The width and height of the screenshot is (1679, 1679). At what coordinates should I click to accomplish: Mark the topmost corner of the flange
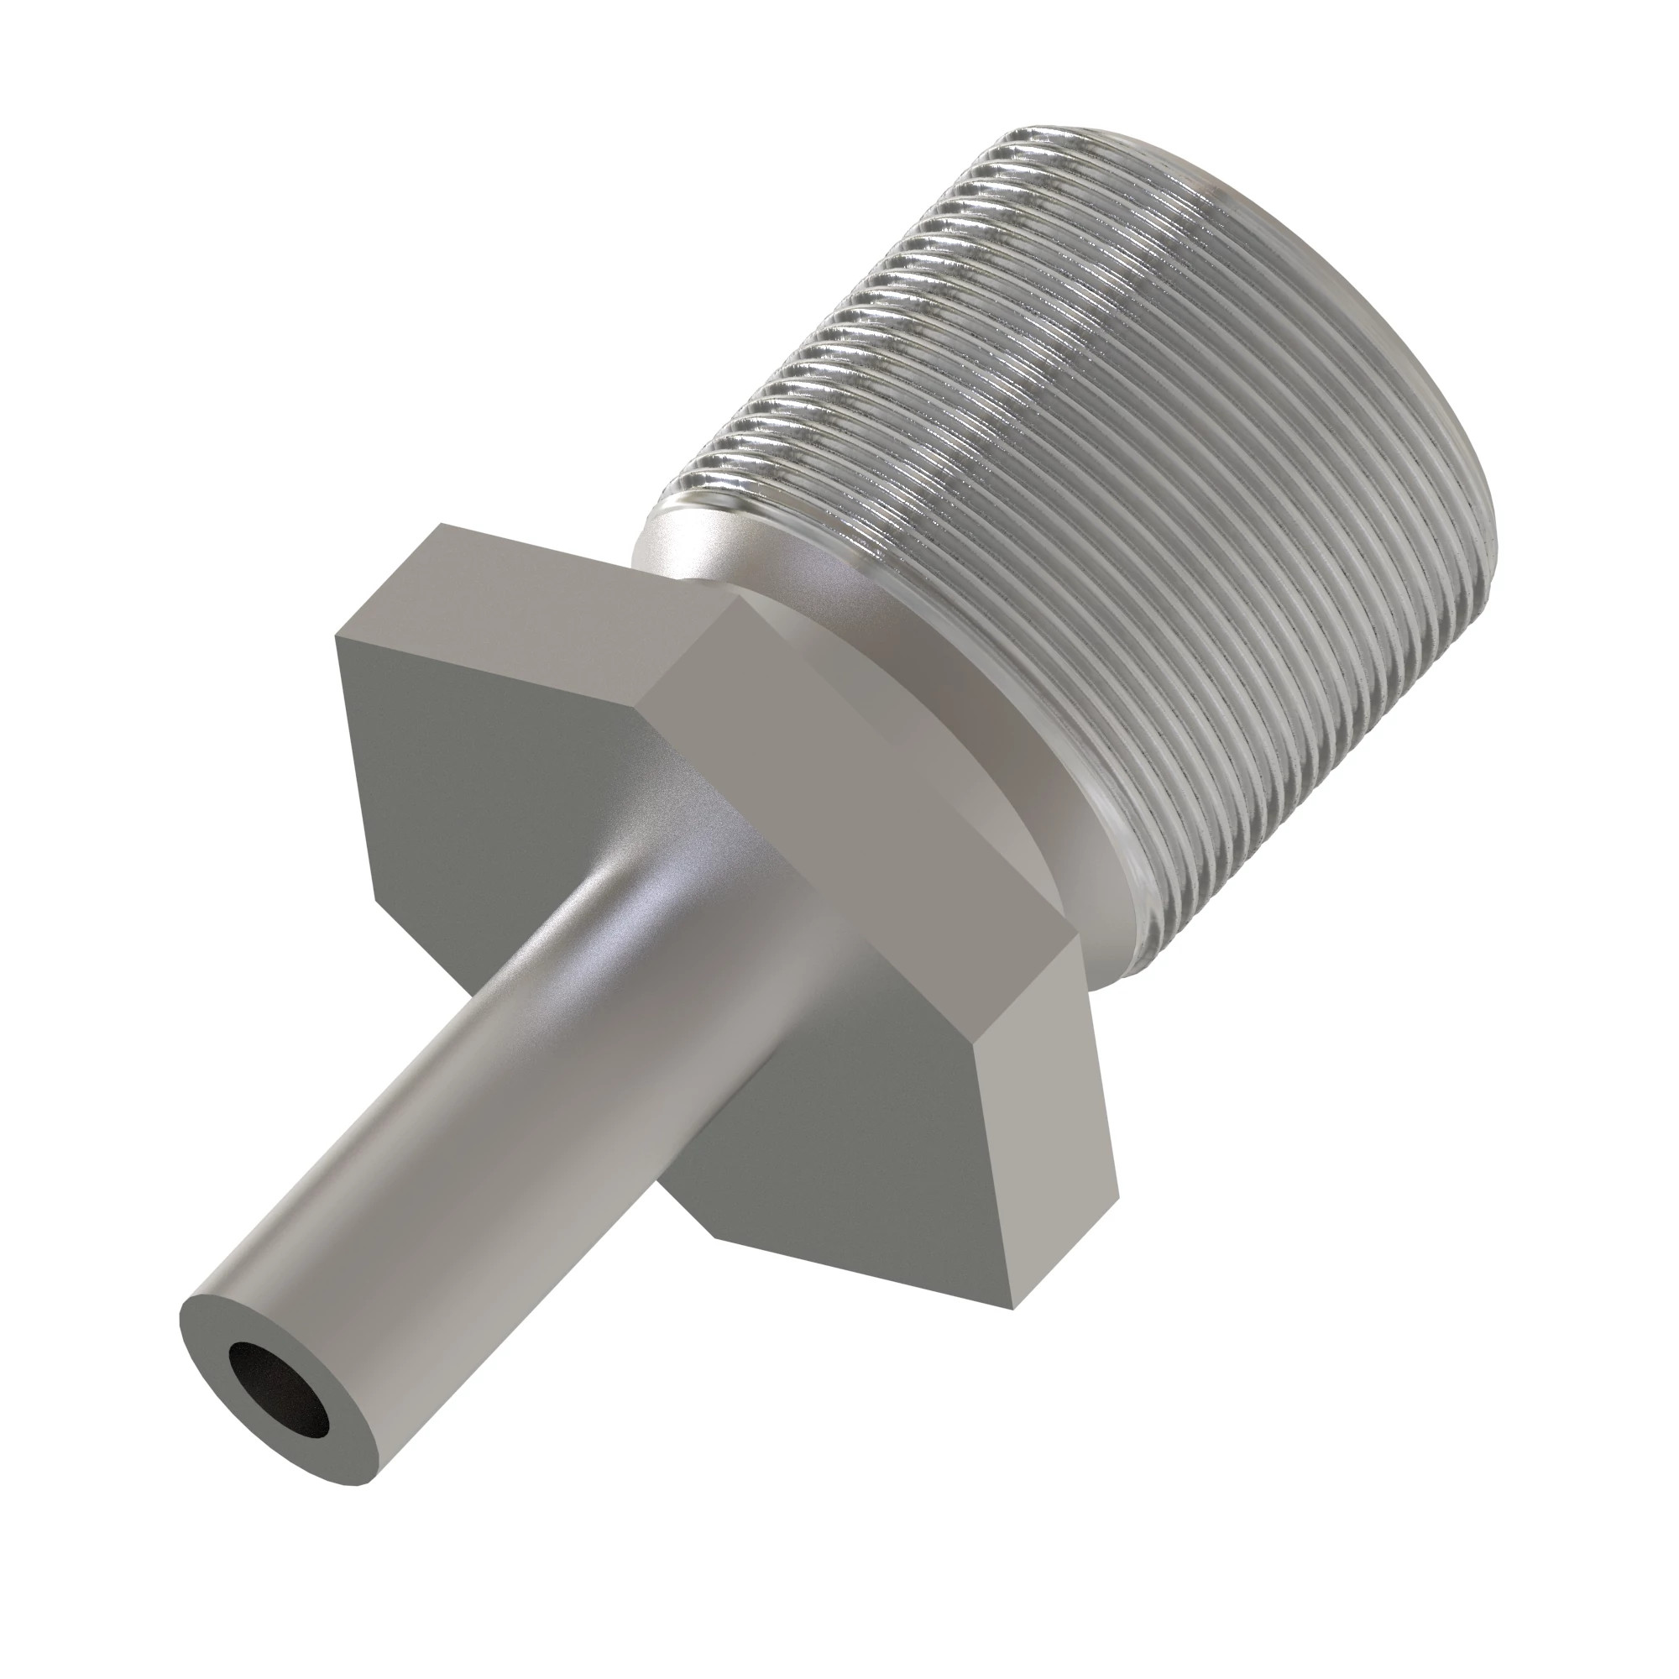point(441,523)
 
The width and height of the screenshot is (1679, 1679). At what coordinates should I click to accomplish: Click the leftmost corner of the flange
point(337,636)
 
